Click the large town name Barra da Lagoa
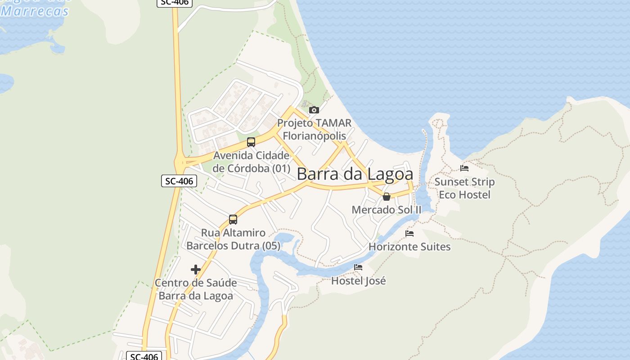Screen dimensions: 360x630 click(355, 174)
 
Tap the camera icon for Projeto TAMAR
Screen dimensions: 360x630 click(314, 110)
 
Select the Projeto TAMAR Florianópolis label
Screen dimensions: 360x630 click(314, 129)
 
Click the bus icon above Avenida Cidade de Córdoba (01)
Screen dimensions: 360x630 click(251, 142)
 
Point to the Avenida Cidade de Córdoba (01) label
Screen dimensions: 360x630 click(252, 162)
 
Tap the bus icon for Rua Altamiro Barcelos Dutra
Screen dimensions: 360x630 click(233, 220)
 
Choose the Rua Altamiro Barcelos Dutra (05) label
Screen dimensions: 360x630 click(233, 239)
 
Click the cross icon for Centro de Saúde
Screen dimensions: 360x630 click(196, 270)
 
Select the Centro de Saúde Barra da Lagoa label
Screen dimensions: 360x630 click(196, 289)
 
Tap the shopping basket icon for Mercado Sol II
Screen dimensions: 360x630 click(386, 197)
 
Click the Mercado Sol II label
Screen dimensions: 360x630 click(386, 210)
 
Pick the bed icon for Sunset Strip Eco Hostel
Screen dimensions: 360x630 click(464, 168)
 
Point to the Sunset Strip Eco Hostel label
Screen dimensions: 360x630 click(464, 188)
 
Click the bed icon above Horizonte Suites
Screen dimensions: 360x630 click(409, 234)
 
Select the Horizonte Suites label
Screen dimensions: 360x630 click(409, 247)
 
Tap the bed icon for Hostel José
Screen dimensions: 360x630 click(358, 267)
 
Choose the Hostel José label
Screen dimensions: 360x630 click(358, 281)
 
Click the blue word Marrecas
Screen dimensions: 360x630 click(35, 11)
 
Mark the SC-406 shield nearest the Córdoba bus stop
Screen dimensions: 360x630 click(179, 181)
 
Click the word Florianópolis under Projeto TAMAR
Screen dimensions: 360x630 click(315, 135)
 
